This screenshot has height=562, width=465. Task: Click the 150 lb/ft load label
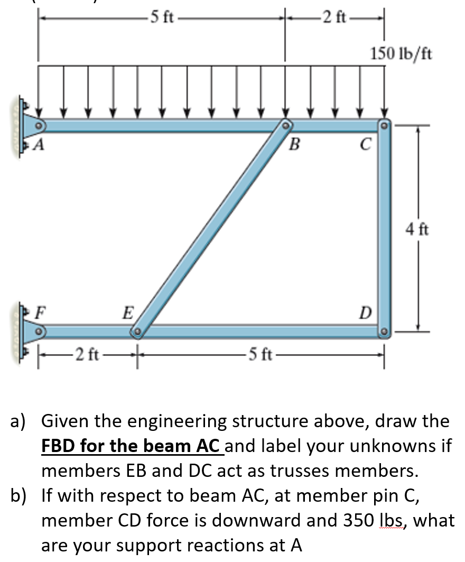[x=401, y=53]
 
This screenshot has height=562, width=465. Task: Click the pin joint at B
[x=285, y=126]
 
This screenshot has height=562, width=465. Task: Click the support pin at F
[x=38, y=332]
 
